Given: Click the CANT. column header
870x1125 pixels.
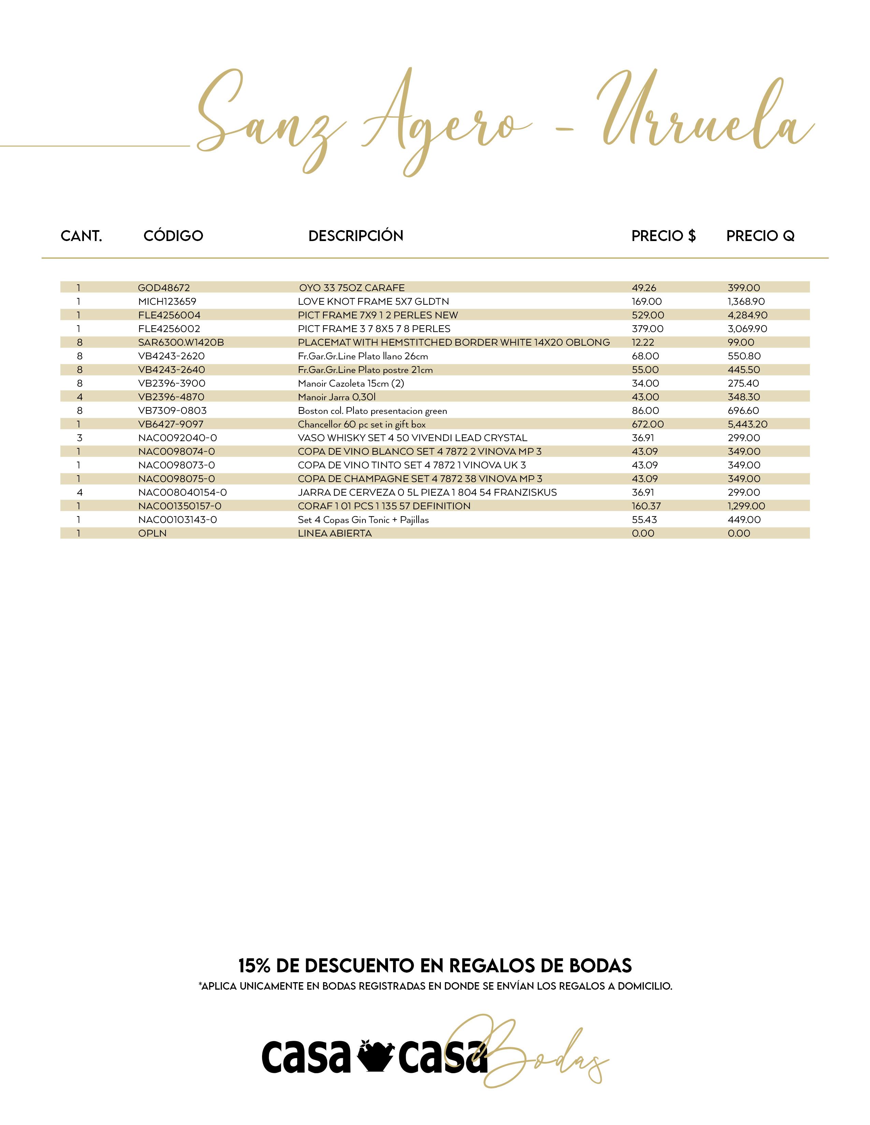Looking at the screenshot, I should coord(82,236).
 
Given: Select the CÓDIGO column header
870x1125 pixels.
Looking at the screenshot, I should coord(173,236).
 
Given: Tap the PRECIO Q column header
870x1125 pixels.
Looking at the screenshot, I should coord(760,236).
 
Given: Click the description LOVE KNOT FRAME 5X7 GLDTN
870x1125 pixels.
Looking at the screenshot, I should coord(373,301).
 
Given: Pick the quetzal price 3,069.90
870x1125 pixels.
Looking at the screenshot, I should coord(747,329).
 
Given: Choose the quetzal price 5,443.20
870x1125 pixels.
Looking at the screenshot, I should coord(747,424).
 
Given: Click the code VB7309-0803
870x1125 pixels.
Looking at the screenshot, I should coord(172,410).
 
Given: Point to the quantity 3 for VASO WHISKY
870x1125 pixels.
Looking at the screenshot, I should coord(79,438).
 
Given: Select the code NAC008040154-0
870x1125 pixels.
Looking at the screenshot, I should coord(183,493).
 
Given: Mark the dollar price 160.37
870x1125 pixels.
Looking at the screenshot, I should coord(646,506).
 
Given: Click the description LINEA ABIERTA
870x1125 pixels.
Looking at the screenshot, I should coord(334,534).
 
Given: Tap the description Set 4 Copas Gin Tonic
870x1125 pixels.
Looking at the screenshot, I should coord(363,520).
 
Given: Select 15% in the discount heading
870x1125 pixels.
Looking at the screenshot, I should coord(254,965).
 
